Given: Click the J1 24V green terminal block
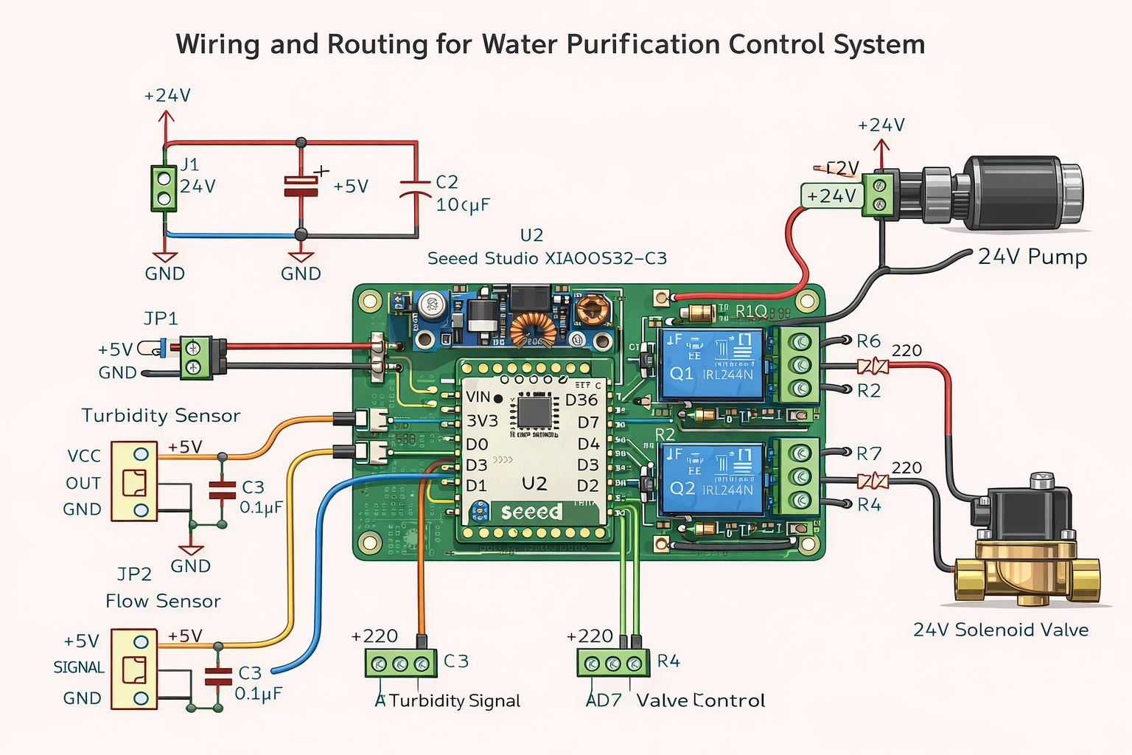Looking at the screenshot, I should [164, 189].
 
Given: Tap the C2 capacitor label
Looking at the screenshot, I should [447, 182].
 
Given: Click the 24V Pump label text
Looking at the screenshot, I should [1032, 257].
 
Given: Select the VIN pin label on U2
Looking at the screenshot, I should [478, 397].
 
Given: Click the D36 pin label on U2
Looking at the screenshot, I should [581, 400].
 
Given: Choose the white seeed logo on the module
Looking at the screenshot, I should [531, 512].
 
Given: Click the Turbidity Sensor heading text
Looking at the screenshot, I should [161, 416].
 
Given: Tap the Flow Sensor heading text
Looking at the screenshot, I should [163, 602].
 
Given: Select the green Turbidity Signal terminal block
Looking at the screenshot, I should [399, 664].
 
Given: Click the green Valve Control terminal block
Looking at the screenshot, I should [612, 664].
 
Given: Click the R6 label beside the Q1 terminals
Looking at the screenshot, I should [868, 341].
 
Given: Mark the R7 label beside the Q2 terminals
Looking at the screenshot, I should [868, 453].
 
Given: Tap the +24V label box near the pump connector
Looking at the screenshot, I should [831, 196].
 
